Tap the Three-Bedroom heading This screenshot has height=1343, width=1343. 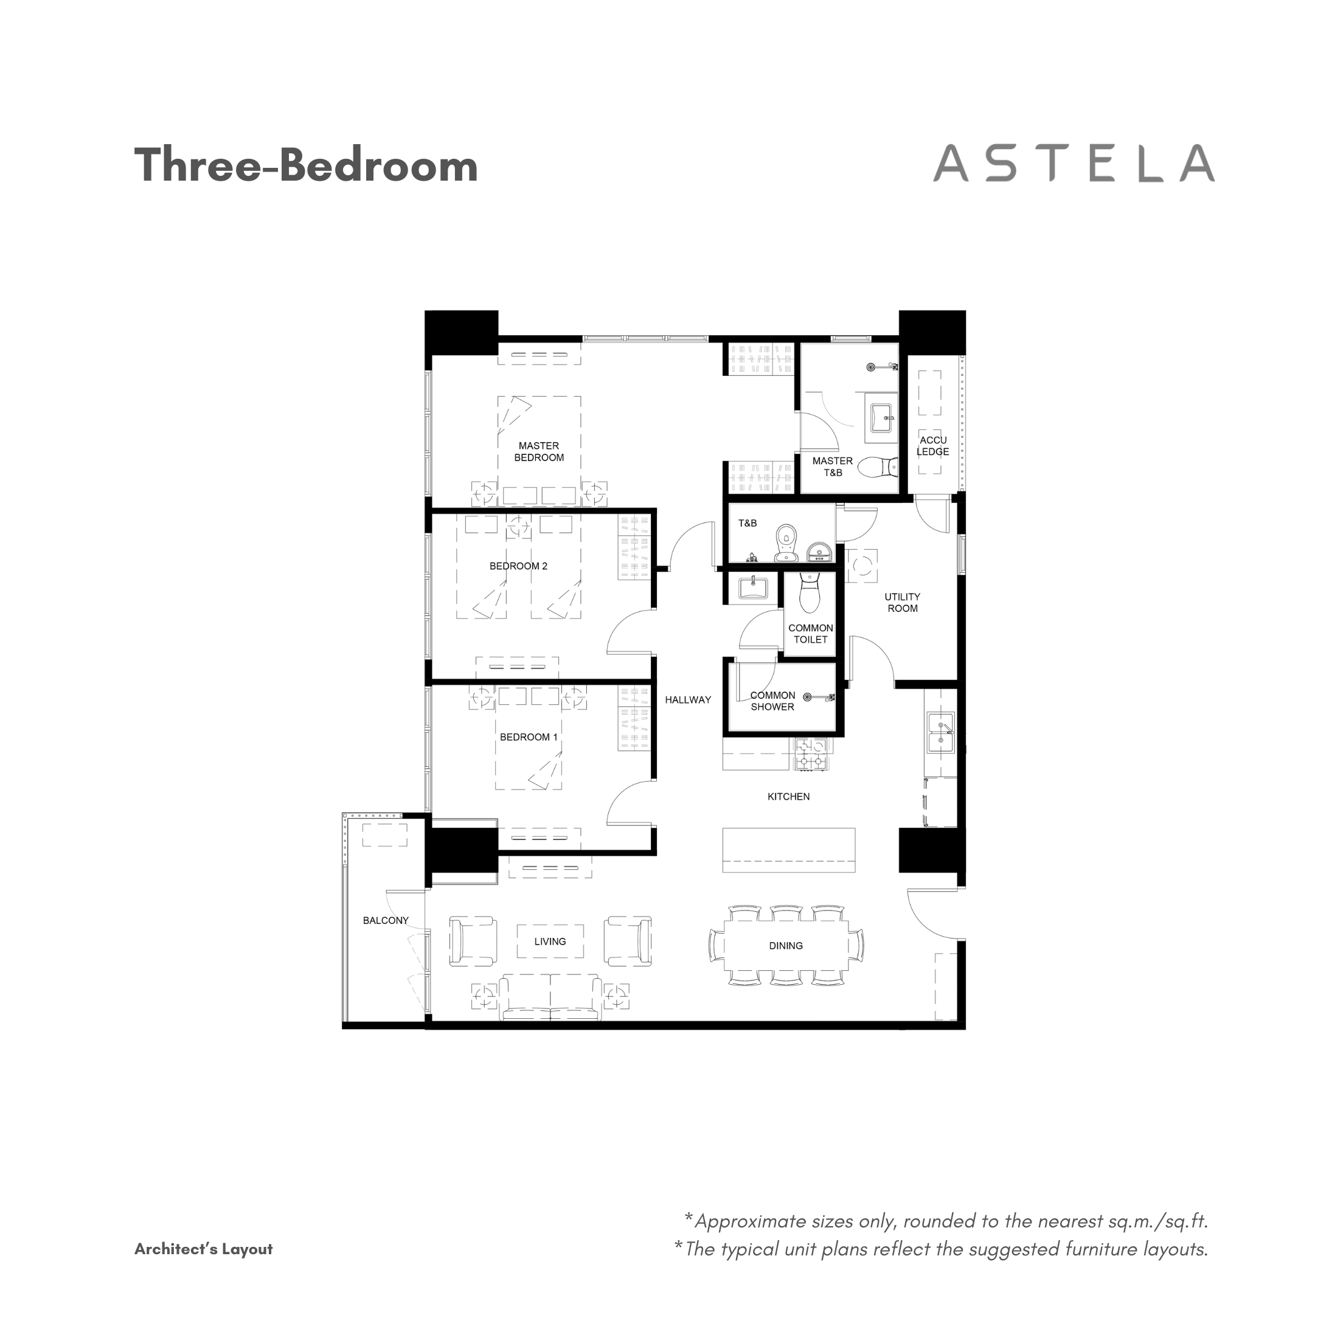point(306,165)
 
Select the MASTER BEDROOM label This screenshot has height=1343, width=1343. point(539,452)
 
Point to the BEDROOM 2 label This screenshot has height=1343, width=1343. point(519,566)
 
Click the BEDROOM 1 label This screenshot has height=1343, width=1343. point(529,737)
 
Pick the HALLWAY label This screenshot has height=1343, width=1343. point(688,699)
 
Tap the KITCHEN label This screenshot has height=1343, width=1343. point(788,797)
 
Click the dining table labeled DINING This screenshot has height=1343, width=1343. point(786,946)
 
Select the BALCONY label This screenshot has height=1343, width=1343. point(386,920)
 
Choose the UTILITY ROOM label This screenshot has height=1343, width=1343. point(902,603)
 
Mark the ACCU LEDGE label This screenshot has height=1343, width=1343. point(933,446)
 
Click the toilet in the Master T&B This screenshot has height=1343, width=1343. point(879,467)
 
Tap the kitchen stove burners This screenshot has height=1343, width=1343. point(811,754)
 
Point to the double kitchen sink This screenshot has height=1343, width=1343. point(940,733)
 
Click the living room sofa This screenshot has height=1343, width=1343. point(550,998)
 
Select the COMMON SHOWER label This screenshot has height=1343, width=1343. point(772,701)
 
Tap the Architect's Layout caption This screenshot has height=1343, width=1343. point(204,1249)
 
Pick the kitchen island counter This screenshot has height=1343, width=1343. point(788,850)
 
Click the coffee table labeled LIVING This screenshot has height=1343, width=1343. point(550,941)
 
